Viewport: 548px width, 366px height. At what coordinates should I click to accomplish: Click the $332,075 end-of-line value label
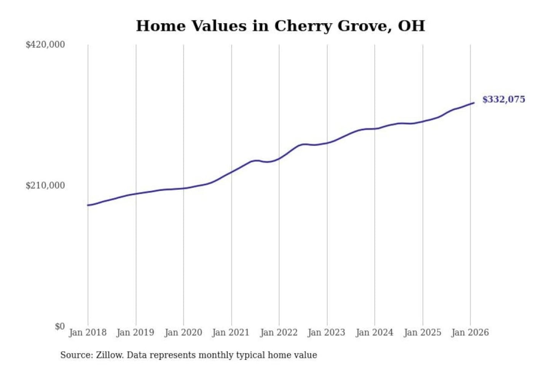(x=503, y=100)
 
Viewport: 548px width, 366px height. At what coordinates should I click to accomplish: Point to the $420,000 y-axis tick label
(x=45, y=45)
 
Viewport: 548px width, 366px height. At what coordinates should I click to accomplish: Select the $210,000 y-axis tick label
(x=45, y=186)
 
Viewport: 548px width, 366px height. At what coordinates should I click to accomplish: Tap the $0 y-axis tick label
(x=59, y=326)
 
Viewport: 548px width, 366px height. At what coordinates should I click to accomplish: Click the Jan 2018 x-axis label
(x=88, y=332)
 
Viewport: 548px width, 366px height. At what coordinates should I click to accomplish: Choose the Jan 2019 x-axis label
(x=135, y=332)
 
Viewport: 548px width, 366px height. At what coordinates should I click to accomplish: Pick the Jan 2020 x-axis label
(x=183, y=332)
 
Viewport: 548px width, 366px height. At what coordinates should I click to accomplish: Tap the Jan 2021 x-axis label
(x=231, y=332)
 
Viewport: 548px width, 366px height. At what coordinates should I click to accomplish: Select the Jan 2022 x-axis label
(x=279, y=332)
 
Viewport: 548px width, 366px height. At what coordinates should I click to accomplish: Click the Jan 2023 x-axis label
(x=326, y=332)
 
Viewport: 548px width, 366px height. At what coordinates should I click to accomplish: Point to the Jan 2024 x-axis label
(x=374, y=332)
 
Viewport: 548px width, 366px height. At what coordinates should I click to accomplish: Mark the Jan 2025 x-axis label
(x=422, y=332)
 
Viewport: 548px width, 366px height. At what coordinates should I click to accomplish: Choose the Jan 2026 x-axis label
(x=470, y=332)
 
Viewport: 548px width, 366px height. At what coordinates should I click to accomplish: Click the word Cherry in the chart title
(x=303, y=26)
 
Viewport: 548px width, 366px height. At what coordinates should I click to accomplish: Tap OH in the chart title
(x=411, y=26)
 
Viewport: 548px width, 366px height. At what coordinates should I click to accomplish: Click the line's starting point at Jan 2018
(x=88, y=205)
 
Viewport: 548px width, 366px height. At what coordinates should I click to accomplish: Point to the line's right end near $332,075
(x=473, y=103)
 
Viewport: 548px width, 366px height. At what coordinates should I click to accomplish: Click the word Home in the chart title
(x=161, y=26)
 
